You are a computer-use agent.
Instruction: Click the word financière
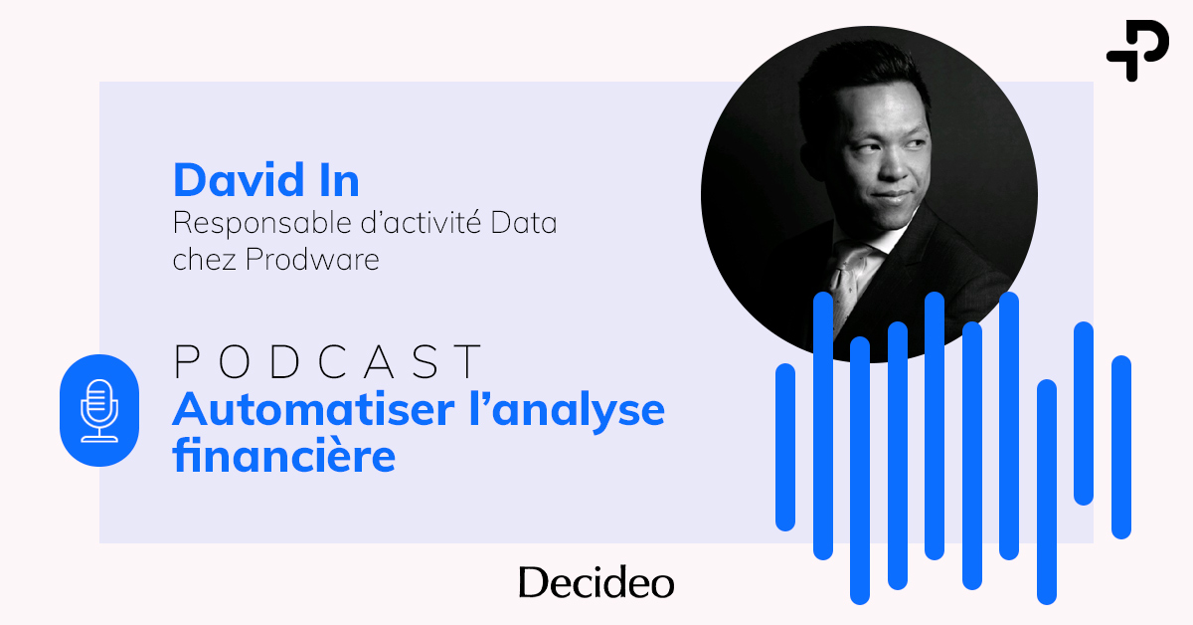coord(283,457)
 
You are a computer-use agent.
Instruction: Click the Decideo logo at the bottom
coord(596,583)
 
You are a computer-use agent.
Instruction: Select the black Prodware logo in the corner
coord(1137,50)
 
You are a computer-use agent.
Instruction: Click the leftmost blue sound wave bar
coord(785,447)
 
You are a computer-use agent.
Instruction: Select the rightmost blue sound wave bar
coord(1121,447)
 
